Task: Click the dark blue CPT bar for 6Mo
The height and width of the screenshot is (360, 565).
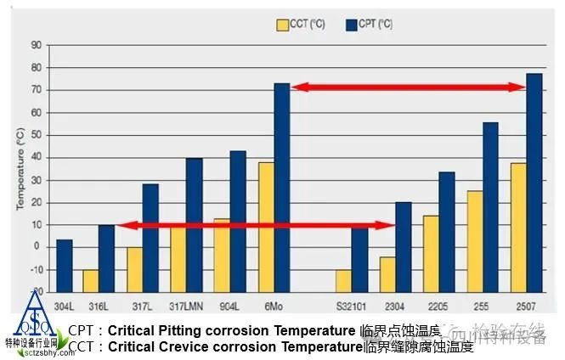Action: (281, 187)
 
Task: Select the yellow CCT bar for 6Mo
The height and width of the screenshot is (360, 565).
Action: (266, 226)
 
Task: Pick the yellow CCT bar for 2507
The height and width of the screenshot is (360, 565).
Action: (518, 226)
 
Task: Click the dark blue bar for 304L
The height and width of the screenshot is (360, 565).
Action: (64, 266)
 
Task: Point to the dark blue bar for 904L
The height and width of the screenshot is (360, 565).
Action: (238, 221)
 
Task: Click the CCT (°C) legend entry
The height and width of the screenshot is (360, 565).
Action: (302, 24)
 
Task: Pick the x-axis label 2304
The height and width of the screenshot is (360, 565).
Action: (395, 304)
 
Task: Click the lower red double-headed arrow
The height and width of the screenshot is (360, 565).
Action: (256, 226)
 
